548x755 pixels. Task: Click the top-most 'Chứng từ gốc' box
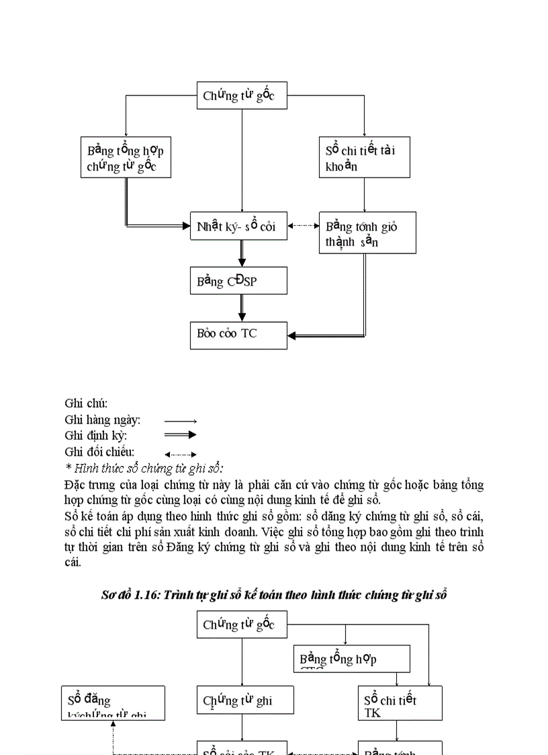pyautogui.click(x=241, y=96)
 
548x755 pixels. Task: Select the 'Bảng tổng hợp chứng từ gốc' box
pyautogui.click(x=126, y=158)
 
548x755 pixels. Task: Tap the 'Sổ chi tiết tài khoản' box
pyautogui.click(x=364, y=158)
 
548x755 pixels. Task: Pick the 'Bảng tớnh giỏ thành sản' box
pyautogui.click(x=367, y=233)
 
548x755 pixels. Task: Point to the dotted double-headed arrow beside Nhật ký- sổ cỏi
pyautogui.click(x=303, y=226)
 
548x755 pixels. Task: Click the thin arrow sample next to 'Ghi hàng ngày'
pyautogui.click(x=180, y=420)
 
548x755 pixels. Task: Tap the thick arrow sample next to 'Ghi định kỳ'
pyautogui.click(x=180, y=435)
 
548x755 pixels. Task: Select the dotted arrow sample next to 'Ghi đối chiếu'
pyautogui.click(x=180, y=454)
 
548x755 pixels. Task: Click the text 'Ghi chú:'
pyautogui.click(x=86, y=403)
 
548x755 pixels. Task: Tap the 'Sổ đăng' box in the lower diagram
pyautogui.click(x=113, y=703)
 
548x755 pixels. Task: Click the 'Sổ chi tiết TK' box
pyautogui.click(x=400, y=703)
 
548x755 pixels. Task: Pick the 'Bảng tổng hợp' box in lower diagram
pyautogui.click(x=352, y=659)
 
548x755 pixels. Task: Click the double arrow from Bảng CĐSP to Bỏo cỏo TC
pyautogui.click(x=242, y=308)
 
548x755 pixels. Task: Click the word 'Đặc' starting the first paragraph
pyautogui.click(x=75, y=485)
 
